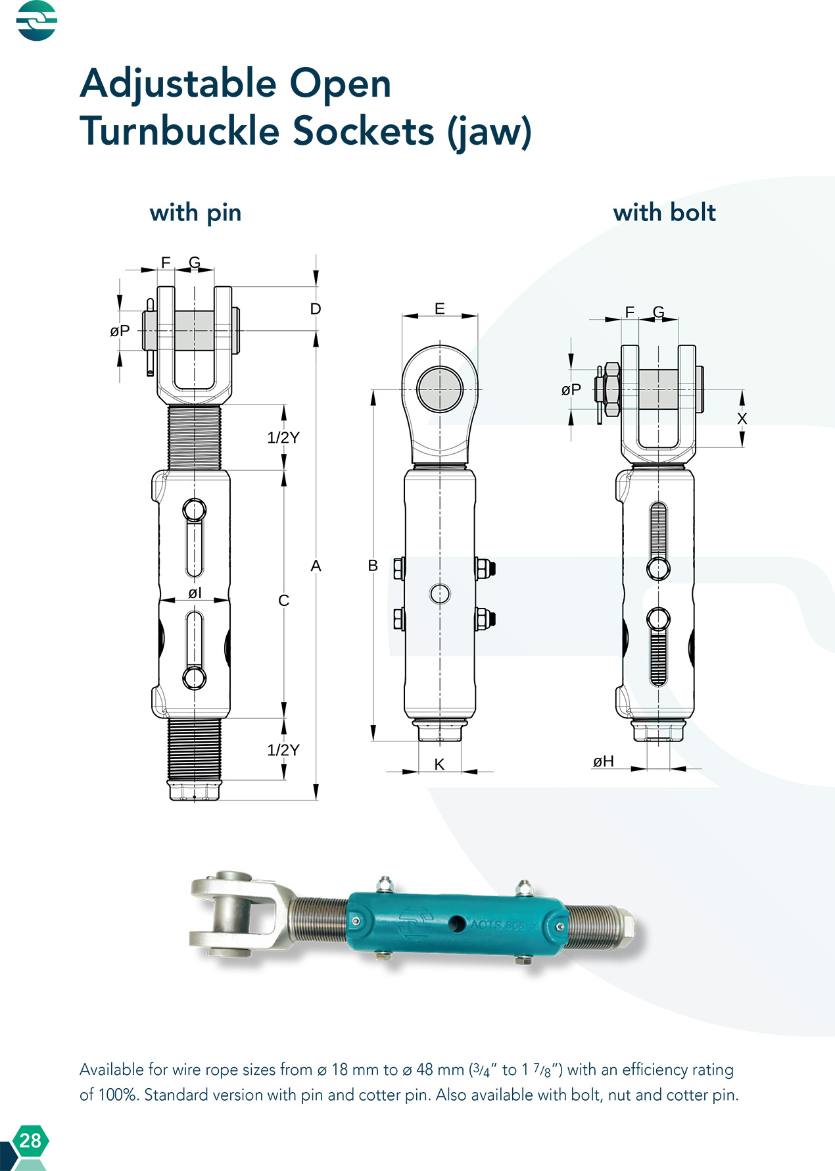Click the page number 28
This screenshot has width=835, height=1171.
30,1140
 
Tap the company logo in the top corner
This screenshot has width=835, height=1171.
37,20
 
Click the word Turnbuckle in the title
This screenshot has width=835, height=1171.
180,130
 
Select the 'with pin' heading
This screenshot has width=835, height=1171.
195,212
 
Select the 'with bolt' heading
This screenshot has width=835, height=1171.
664,212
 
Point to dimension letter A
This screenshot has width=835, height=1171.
316,565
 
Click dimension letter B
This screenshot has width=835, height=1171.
373,565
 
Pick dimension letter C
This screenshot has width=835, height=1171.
284,600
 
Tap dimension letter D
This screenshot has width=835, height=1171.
316,309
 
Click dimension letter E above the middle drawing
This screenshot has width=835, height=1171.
440,309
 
